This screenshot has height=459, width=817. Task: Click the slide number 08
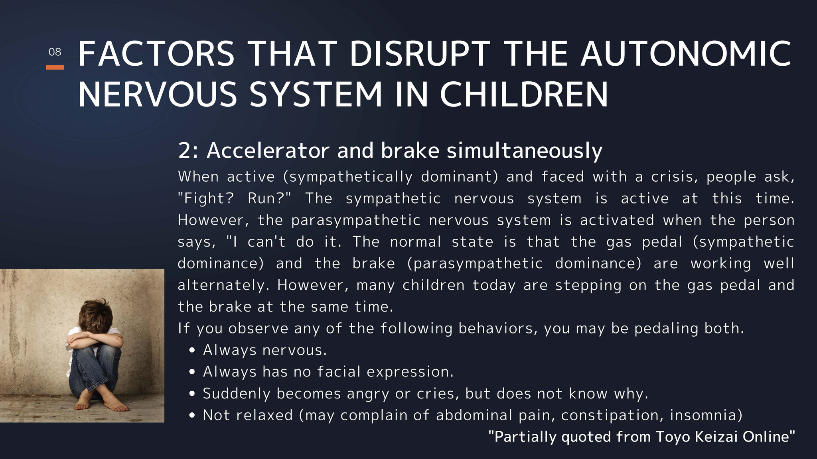(x=55, y=52)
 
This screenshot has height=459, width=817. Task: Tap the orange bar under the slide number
(x=55, y=67)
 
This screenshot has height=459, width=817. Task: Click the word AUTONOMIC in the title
(x=686, y=54)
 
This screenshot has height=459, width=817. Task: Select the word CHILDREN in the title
(x=524, y=94)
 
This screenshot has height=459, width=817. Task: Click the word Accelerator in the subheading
(x=268, y=151)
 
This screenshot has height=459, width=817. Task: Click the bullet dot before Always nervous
(x=193, y=351)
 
